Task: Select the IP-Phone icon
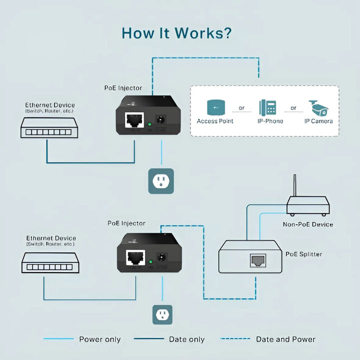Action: pyautogui.click(x=267, y=107)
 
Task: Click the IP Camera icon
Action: pyautogui.click(x=318, y=107)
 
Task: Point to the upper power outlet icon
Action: pyautogui.click(x=161, y=181)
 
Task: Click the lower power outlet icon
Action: pyautogui.click(x=162, y=314)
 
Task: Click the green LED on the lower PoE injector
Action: pyautogui.click(x=150, y=261)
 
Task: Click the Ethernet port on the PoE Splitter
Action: pyautogui.click(x=258, y=260)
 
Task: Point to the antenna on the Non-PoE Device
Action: pyautogui.click(x=294, y=185)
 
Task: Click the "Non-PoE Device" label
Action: pyautogui.click(x=307, y=224)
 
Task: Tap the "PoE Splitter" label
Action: pyautogui.click(x=303, y=254)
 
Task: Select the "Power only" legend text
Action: pyautogui.click(x=100, y=339)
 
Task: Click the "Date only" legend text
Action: pyautogui.click(x=186, y=339)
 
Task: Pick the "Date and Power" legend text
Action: pyautogui.click(x=285, y=339)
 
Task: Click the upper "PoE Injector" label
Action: pyautogui.click(x=123, y=88)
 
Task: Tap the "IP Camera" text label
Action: pyautogui.click(x=318, y=121)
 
